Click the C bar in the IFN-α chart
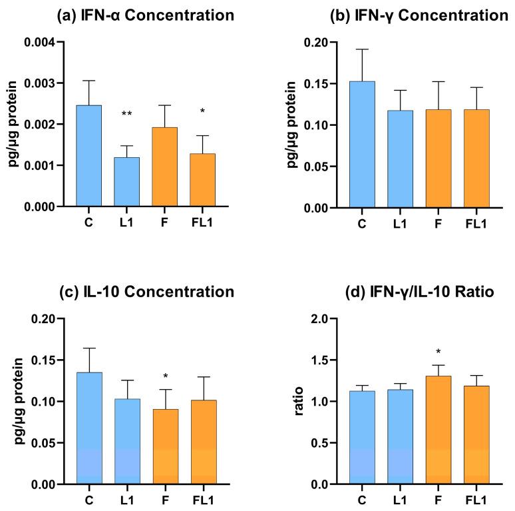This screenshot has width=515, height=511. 89,156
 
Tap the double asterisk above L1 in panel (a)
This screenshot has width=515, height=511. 127,115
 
